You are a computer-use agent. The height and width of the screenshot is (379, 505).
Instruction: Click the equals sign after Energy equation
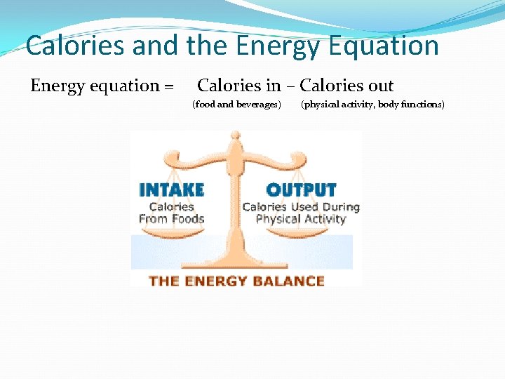point(168,87)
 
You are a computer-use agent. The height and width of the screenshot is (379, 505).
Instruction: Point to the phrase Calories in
point(238,86)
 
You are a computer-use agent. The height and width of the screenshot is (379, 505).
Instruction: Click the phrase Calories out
point(346,86)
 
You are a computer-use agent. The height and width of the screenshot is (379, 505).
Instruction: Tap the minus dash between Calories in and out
point(290,87)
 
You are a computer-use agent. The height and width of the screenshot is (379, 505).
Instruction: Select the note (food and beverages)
point(236,105)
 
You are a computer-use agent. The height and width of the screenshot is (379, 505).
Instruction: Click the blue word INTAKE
point(172,190)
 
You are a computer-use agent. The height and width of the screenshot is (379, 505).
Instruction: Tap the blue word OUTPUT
point(302,190)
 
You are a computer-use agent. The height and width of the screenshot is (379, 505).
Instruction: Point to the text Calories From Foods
point(172,213)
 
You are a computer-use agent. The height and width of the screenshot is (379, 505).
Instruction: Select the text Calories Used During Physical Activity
point(301,213)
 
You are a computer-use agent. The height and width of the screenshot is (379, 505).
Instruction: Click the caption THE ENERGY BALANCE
point(237,281)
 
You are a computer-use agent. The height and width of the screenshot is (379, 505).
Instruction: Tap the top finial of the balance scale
point(236,138)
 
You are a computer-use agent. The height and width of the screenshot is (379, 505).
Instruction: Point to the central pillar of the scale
point(236,211)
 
